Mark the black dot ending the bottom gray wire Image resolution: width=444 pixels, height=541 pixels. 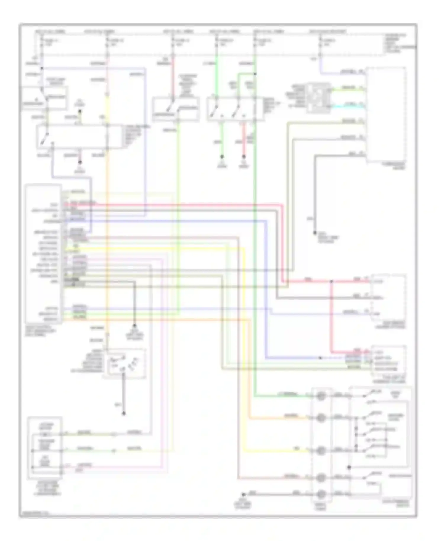[x=244, y=494]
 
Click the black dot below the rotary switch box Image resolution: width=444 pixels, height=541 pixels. [x=124, y=413]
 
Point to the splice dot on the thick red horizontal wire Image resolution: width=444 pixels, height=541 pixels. [x=332, y=281]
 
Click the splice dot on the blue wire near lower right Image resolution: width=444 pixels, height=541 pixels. [x=320, y=358]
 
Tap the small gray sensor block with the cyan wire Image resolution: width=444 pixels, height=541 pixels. [x=318, y=98]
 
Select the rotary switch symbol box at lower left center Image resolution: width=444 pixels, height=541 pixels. [x=124, y=363]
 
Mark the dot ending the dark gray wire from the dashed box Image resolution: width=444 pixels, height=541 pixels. [x=315, y=233]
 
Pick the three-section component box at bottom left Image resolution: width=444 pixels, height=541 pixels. [x=45, y=448]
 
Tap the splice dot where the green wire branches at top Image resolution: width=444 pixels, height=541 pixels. [x=255, y=74]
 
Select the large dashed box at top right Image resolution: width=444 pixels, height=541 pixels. [x=386, y=115]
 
